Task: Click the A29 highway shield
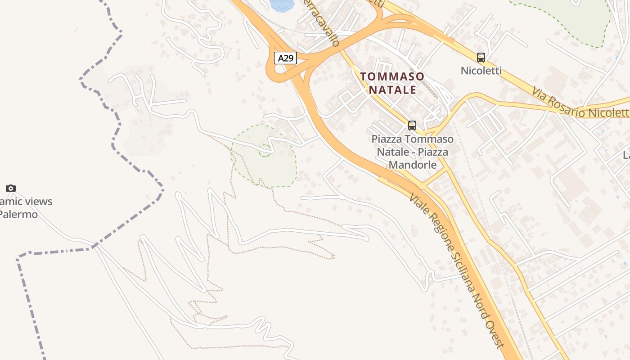286,58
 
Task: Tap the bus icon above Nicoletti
481,58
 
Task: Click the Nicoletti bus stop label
481,71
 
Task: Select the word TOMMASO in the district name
392,76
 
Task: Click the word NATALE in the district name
393,90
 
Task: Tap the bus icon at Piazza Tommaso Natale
412,126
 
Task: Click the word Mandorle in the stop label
413,165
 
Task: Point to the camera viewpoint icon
11,188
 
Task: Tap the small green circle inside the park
265,151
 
